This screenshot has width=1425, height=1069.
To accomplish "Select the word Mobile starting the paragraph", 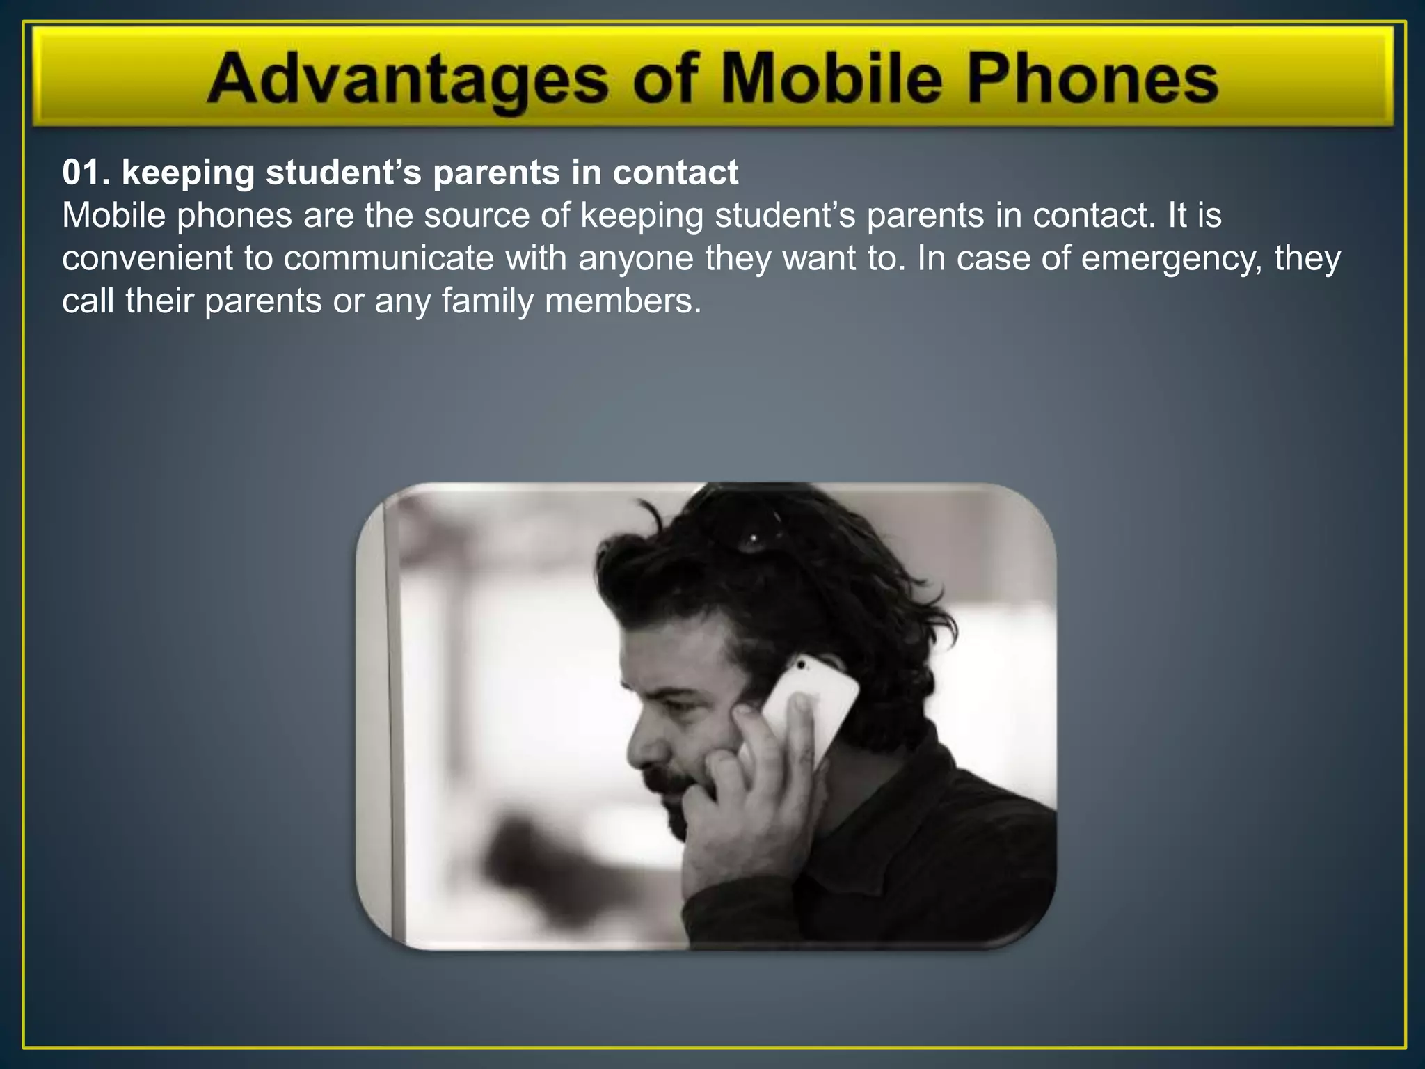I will [114, 215].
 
